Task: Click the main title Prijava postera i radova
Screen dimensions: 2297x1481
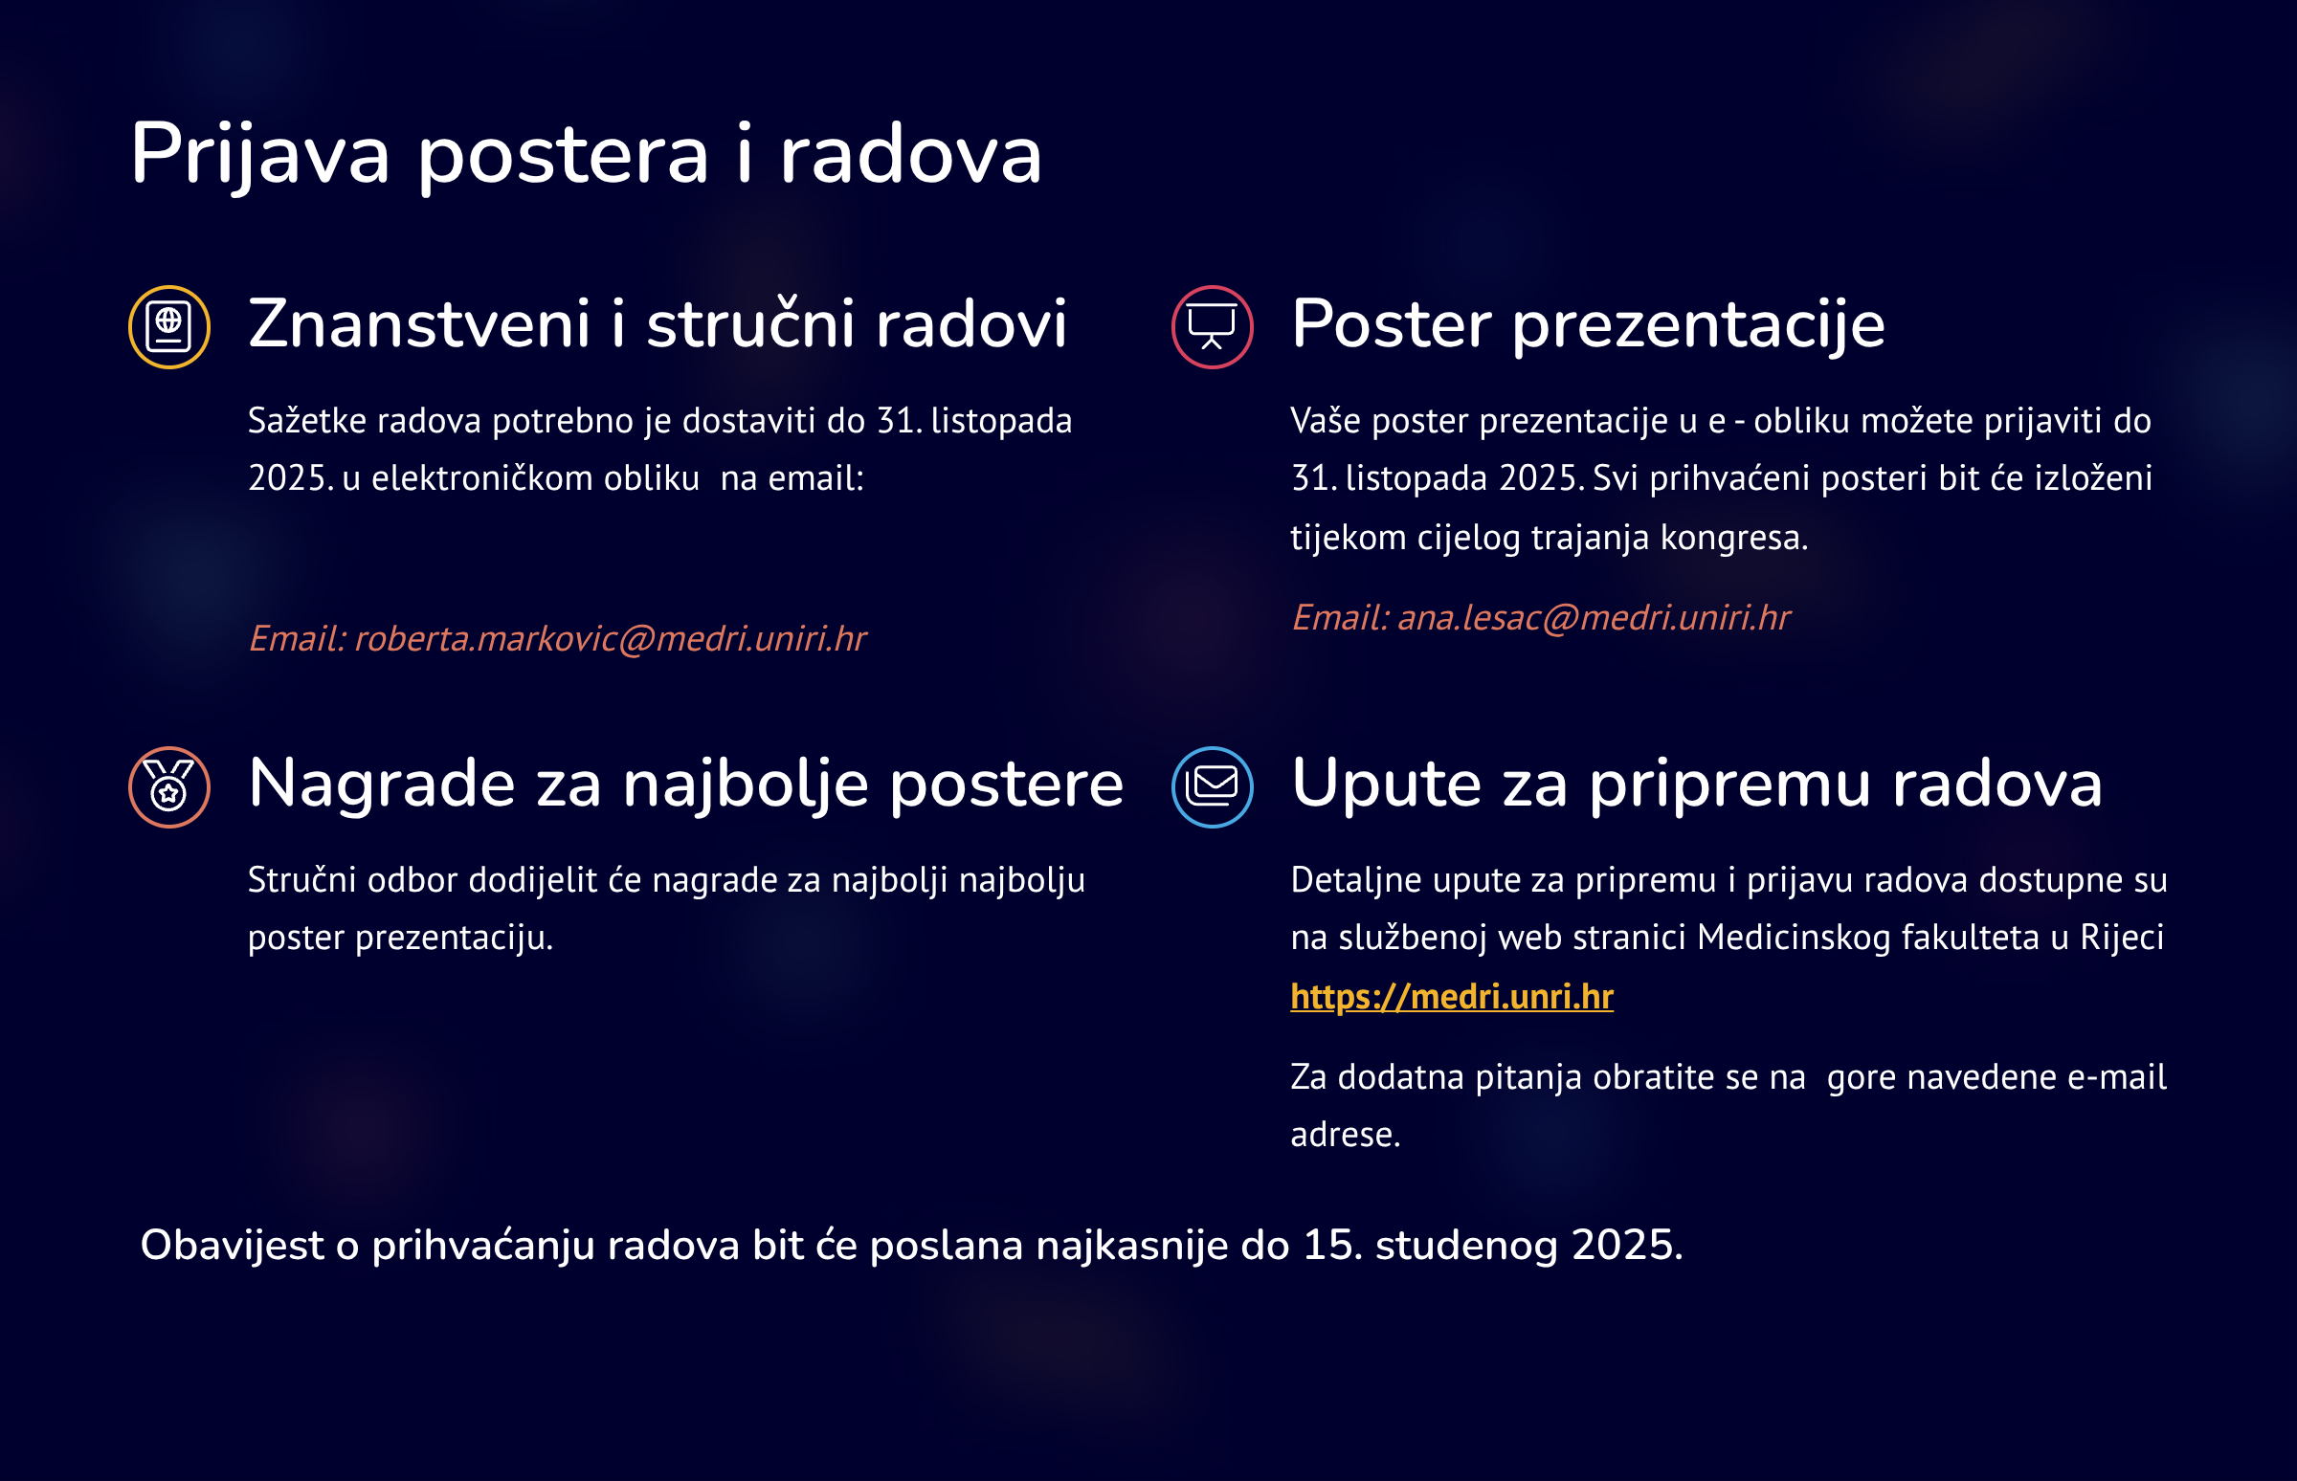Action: tap(586, 155)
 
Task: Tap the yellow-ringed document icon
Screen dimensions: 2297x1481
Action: tap(169, 327)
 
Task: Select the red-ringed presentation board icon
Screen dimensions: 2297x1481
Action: tap(1212, 327)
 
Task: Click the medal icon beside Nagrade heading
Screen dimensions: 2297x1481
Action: tap(169, 786)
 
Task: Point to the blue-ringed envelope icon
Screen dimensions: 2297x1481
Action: tap(1212, 786)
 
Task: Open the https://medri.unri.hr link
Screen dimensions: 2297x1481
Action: tap(1452, 996)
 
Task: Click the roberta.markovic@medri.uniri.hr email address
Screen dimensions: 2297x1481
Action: tap(610, 638)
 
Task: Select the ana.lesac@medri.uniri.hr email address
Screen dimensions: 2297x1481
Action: tap(1593, 617)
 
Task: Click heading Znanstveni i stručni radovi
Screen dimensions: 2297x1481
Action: tap(657, 323)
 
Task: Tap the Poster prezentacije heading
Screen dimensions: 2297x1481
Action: tap(1587, 324)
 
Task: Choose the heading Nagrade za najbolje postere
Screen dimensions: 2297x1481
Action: tap(685, 784)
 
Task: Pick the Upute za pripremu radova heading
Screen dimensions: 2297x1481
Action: tap(1696, 784)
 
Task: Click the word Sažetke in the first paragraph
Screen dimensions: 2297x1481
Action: tap(307, 420)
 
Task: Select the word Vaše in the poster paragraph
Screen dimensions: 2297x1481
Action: tap(1326, 420)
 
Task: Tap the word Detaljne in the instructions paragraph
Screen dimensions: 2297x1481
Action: tap(1356, 880)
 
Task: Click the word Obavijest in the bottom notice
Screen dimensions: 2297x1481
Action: tap(232, 1246)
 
